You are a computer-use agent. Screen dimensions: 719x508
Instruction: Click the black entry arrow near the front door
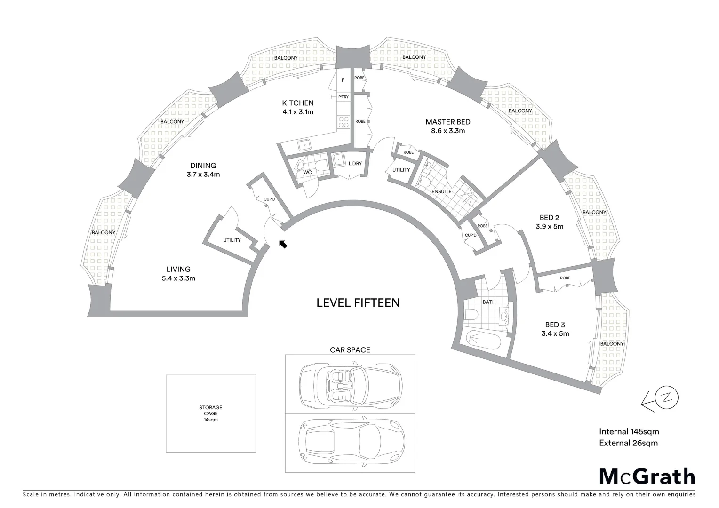point(283,244)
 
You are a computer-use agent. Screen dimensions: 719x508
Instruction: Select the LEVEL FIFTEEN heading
point(358,302)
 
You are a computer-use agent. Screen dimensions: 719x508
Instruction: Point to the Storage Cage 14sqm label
point(210,413)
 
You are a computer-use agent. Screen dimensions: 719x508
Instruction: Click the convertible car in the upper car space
point(351,384)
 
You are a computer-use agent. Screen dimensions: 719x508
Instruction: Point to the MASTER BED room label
point(447,122)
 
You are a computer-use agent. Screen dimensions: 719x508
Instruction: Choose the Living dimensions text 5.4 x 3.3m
point(178,278)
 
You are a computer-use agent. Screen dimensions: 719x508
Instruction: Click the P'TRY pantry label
point(344,97)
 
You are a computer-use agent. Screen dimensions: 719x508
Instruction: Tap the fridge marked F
point(343,80)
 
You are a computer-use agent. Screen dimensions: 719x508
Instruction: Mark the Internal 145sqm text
point(629,431)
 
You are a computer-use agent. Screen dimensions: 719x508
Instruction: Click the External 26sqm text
point(628,443)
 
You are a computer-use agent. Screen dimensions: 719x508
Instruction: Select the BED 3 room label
point(555,325)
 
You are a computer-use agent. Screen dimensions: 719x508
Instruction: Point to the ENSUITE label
point(441,191)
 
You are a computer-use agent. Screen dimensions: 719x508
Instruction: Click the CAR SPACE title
point(350,350)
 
